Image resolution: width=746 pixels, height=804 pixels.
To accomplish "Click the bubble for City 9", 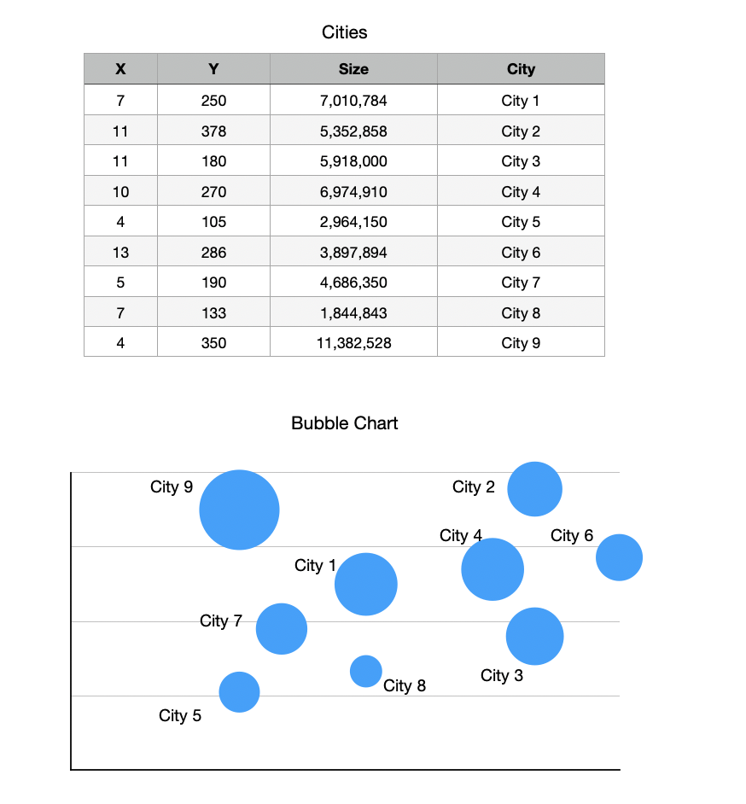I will (x=239, y=510).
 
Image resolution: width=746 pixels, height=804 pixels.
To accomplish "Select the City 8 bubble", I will (x=366, y=671).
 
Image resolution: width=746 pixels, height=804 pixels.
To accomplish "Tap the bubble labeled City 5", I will (x=239, y=691).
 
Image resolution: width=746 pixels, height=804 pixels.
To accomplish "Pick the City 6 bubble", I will (x=619, y=557).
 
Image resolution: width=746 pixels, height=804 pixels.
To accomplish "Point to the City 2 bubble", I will (x=534, y=489).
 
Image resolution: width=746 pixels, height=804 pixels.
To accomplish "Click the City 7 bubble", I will (x=282, y=629).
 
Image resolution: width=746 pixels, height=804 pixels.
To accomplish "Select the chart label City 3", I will (x=502, y=676).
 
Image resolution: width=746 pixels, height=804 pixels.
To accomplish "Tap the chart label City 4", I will (x=461, y=536).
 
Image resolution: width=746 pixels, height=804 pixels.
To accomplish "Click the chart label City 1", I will (x=315, y=566).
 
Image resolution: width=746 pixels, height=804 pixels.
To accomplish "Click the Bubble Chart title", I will (x=345, y=423).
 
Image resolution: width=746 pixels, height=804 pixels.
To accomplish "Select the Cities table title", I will (x=345, y=32).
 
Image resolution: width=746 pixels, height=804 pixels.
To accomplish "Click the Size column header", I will (x=353, y=69).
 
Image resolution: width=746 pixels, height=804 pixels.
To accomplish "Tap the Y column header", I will (x=213, y=69).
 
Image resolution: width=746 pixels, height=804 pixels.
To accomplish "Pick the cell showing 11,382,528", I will (x=353, y=343).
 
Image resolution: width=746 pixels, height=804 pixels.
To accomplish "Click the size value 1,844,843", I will (x=353, y=313).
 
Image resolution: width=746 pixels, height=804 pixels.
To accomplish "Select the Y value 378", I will (x=213, y=131).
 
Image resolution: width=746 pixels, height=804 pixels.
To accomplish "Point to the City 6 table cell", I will (x=521, y=253).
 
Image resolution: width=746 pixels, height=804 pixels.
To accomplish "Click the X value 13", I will (x=120, y=253).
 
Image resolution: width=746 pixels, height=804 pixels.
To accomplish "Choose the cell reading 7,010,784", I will (x=353, y=101).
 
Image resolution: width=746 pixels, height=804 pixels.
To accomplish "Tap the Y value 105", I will (x=213, y=222).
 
